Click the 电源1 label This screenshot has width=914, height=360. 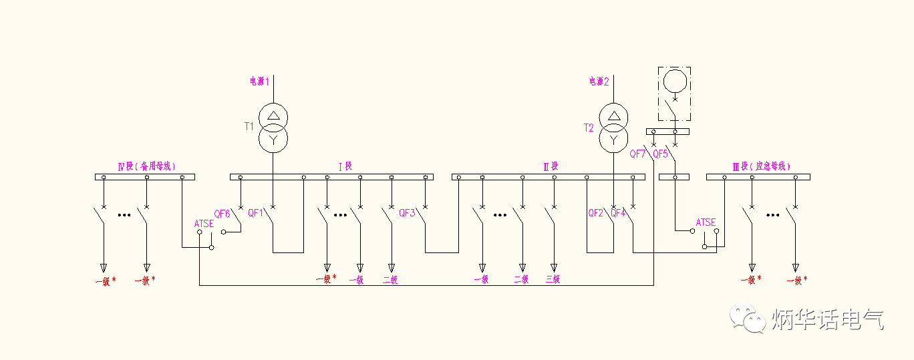coord(259,81)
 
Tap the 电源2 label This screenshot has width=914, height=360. coord(599,81)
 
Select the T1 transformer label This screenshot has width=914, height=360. coord(249,126)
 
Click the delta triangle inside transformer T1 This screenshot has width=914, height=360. coord(273,115)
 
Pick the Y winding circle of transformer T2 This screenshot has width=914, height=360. coord(613,139)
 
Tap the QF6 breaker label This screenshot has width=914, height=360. coord(222,214)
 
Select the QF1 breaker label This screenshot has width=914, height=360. coord(256,213)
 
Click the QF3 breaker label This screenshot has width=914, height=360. coord(407,213)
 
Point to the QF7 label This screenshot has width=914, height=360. coord(637,154)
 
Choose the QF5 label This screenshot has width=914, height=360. coord(660,154)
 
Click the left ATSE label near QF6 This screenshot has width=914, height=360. coord(204,224)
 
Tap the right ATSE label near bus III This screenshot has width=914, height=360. coord(706,222)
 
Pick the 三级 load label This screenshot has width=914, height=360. coord(553,280)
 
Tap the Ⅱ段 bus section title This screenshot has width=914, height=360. coord(551,166)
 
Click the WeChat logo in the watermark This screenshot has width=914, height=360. coord(747,319)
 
